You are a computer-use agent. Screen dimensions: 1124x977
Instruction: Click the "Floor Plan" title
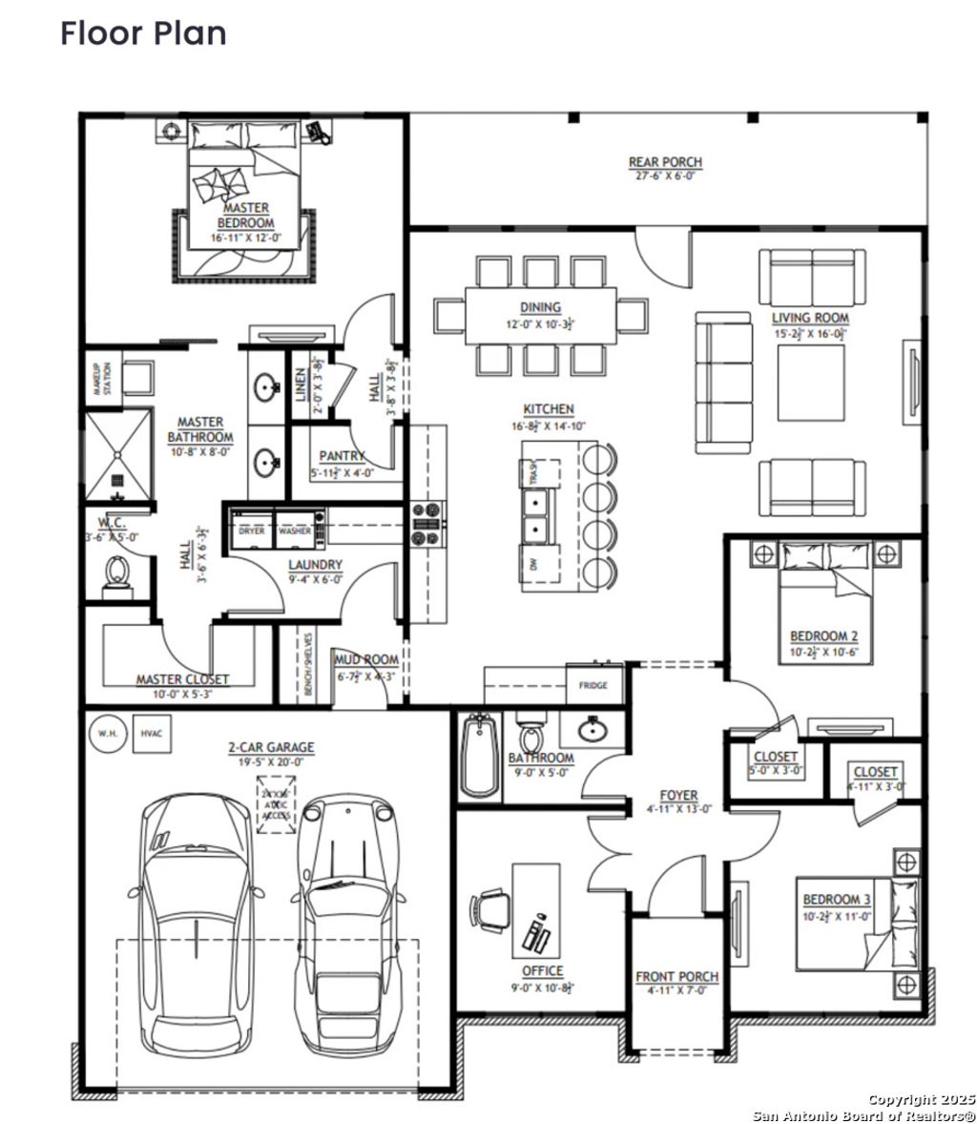(x=143, y=32)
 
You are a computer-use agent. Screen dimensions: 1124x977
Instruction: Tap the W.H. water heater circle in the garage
(x=104, y=734)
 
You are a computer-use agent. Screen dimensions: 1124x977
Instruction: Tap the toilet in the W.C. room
(x=117, y=575)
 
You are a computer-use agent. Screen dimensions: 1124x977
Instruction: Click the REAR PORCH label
(x=665, y=163)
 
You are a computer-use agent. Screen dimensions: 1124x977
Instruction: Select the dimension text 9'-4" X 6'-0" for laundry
(x=316, y=578)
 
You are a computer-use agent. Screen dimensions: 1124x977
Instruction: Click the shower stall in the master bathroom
(x=118, y=456)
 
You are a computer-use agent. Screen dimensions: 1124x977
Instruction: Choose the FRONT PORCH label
(x=677, y=977)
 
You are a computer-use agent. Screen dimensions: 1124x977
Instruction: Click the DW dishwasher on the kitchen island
(x=534, y=564)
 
